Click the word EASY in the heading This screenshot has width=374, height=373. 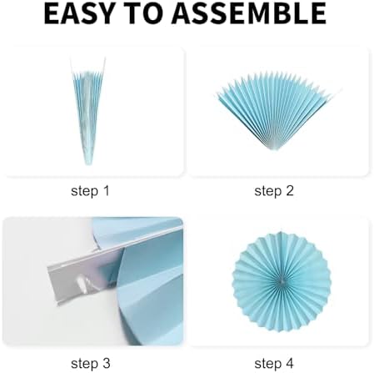pos(79,13)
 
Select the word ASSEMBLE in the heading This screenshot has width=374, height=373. pos(248,13)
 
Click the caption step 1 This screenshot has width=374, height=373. pos(90,191)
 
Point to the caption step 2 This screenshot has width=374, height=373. pos(274,191)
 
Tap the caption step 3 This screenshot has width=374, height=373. pos(91,363)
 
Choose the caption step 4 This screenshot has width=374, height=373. pos(274,363)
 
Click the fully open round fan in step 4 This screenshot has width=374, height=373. pos(282,282)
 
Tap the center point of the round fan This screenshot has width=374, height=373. pos(282,282)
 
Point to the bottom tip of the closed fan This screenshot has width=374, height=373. pos(88,164)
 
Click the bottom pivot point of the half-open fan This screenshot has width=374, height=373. pos(275,149)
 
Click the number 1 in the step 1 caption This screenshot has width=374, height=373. pos(106,191)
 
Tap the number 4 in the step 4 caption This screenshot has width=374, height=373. pos(290,363)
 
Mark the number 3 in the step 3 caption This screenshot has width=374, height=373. pos(107,363)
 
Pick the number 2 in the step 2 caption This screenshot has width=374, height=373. pos(290,191)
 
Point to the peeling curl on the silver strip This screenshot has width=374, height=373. pos(84,283)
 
